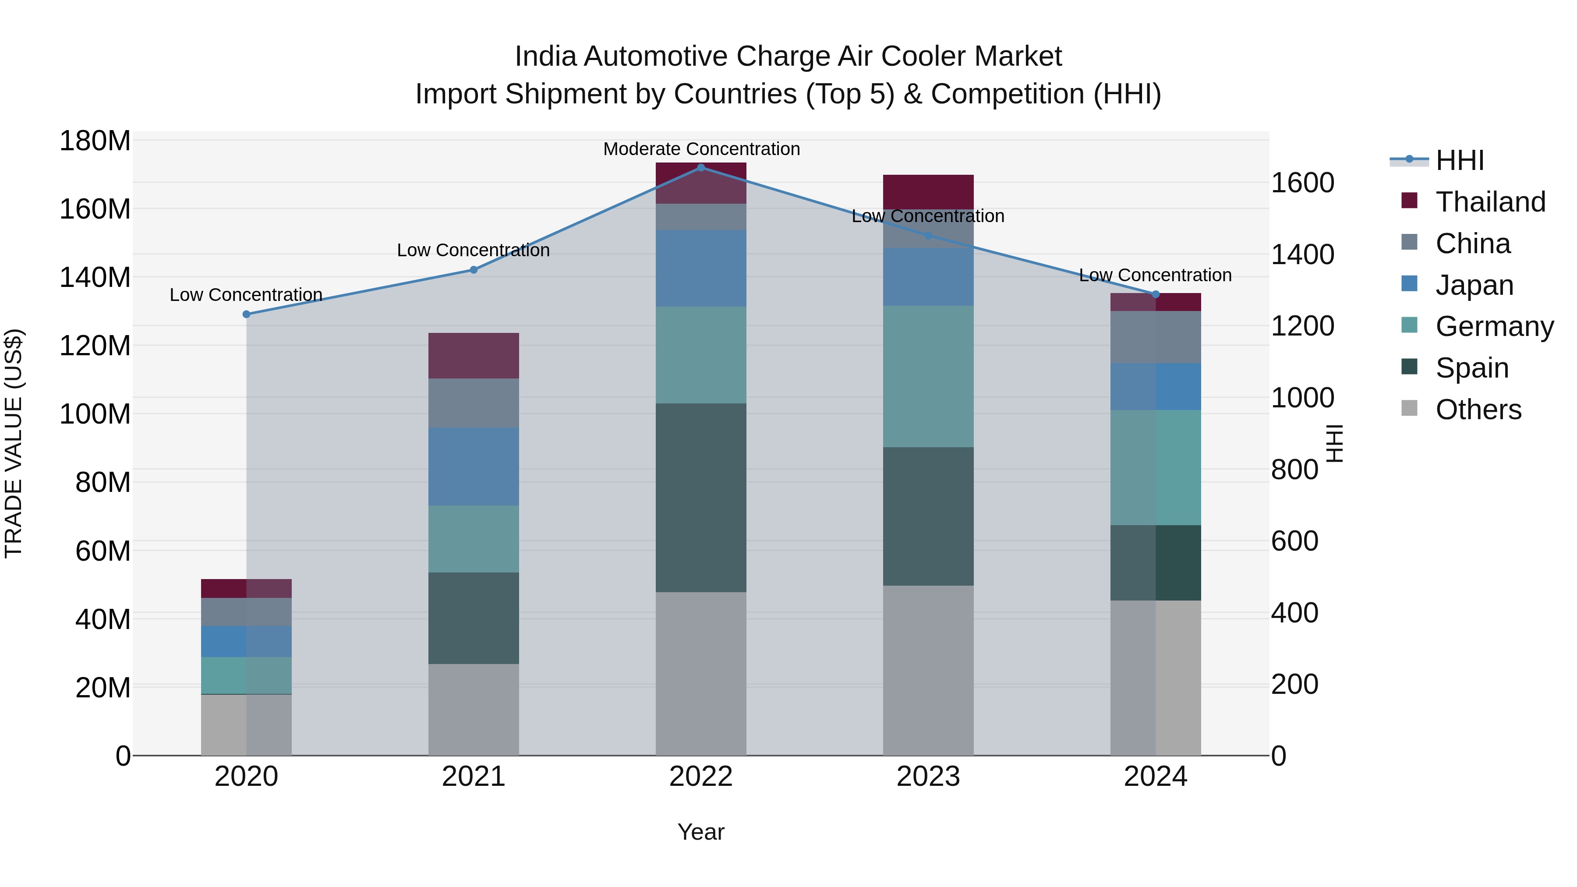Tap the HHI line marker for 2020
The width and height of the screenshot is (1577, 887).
pos(246,314)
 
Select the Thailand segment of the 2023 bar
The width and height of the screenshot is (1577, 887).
pos(928,191)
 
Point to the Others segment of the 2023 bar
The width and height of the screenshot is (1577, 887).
pos(928,670)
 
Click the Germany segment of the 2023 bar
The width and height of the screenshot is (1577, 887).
pos(928,376)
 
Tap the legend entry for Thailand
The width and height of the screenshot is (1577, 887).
pos(1490,202)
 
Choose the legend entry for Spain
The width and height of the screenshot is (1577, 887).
pos(1472,368)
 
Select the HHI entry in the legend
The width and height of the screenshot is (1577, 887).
pos(1460,160)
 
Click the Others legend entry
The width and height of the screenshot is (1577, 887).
pos(1478,410)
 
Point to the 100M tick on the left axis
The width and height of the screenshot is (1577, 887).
pos(95,414)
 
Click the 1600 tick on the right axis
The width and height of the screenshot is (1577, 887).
pos(1303,183)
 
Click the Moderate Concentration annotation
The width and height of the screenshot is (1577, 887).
pos(702,149)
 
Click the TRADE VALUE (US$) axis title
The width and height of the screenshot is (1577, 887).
pos(14,443)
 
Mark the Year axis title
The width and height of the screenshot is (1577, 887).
pos(701,832)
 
